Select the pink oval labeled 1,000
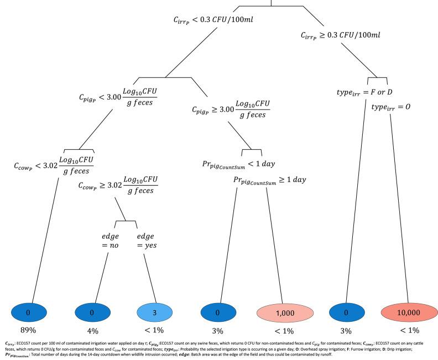(x=282, y=312)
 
